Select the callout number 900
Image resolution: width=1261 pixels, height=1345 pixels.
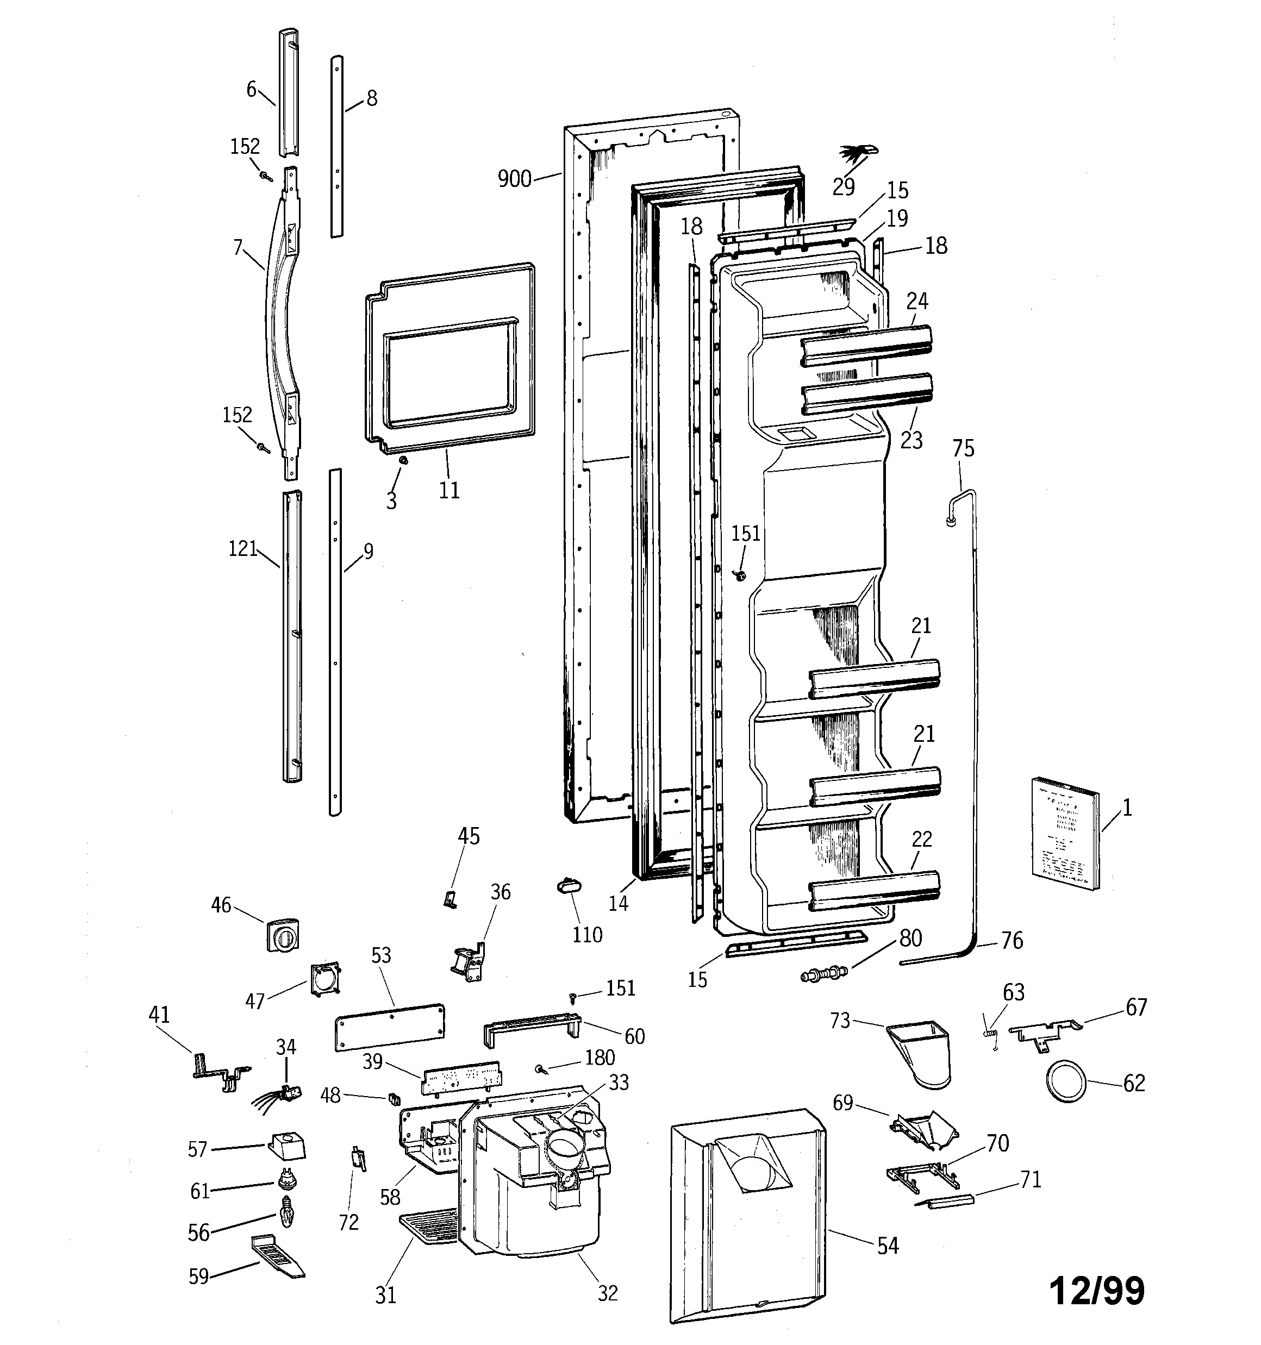pyautogui.click(x=514, y=179)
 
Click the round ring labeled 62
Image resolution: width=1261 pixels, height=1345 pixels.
pyautogui.click(x=1067, y=1082)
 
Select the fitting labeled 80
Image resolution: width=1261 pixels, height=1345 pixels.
pyautogui.click(x=823, y=975)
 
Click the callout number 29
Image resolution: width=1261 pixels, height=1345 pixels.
pyautogui.click(x=844, y=187)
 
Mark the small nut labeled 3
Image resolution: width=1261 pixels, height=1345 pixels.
pyautogui.click(x=403, y=460)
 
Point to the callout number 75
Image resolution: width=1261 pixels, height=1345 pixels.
pyautogui.click(x=963, y=448)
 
